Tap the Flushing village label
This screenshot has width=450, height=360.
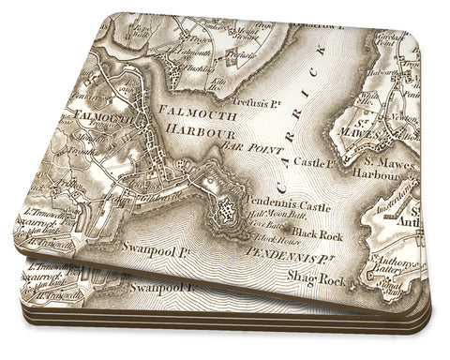click(x=189, y=68)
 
